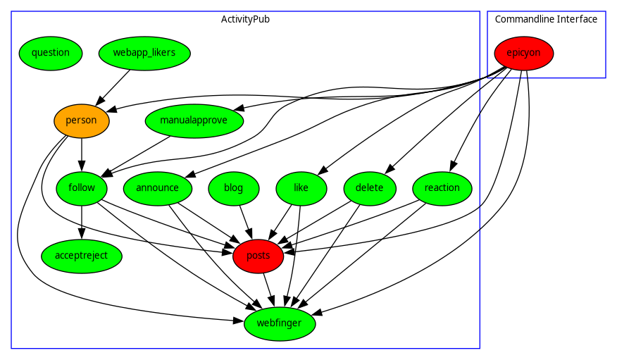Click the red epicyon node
click(523, 53)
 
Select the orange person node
click(82, 120)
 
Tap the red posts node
click(258, 256)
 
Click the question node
click(51, 53)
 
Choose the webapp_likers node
click(144, 53)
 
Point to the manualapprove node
click(194, 120)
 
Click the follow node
click(82, 188)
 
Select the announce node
click(157, 188)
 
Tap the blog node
click(234, 188)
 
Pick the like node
click(301, 188)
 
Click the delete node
click(370, 188)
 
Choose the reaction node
click(442, 188)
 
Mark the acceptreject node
click(82, 256)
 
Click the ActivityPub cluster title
click(245, 19)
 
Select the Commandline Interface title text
click(546, 19)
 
